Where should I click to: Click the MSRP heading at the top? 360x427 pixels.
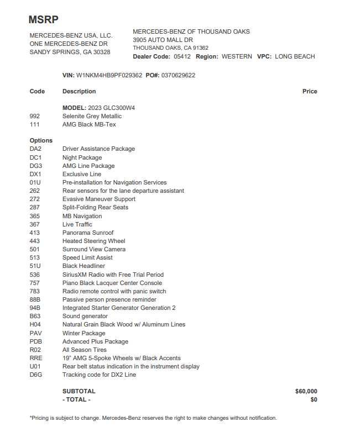43,19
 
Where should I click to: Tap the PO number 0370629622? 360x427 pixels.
178,75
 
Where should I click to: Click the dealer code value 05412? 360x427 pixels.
182,56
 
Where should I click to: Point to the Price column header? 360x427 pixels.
310,91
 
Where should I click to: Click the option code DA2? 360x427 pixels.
35,149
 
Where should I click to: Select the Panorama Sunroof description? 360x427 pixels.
88,233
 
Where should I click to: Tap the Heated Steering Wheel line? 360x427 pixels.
93,241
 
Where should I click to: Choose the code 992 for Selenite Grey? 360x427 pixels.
35,116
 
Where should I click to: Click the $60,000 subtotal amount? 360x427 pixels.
306,391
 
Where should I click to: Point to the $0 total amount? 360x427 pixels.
314,399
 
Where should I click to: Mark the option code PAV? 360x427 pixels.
36,333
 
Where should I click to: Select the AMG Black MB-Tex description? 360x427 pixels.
89,124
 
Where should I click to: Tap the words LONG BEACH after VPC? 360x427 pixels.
295,56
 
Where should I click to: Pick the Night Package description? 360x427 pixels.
82,157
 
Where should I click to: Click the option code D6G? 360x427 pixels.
36,375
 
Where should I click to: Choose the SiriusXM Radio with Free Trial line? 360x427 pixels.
113,275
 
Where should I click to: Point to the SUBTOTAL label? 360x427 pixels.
79,391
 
